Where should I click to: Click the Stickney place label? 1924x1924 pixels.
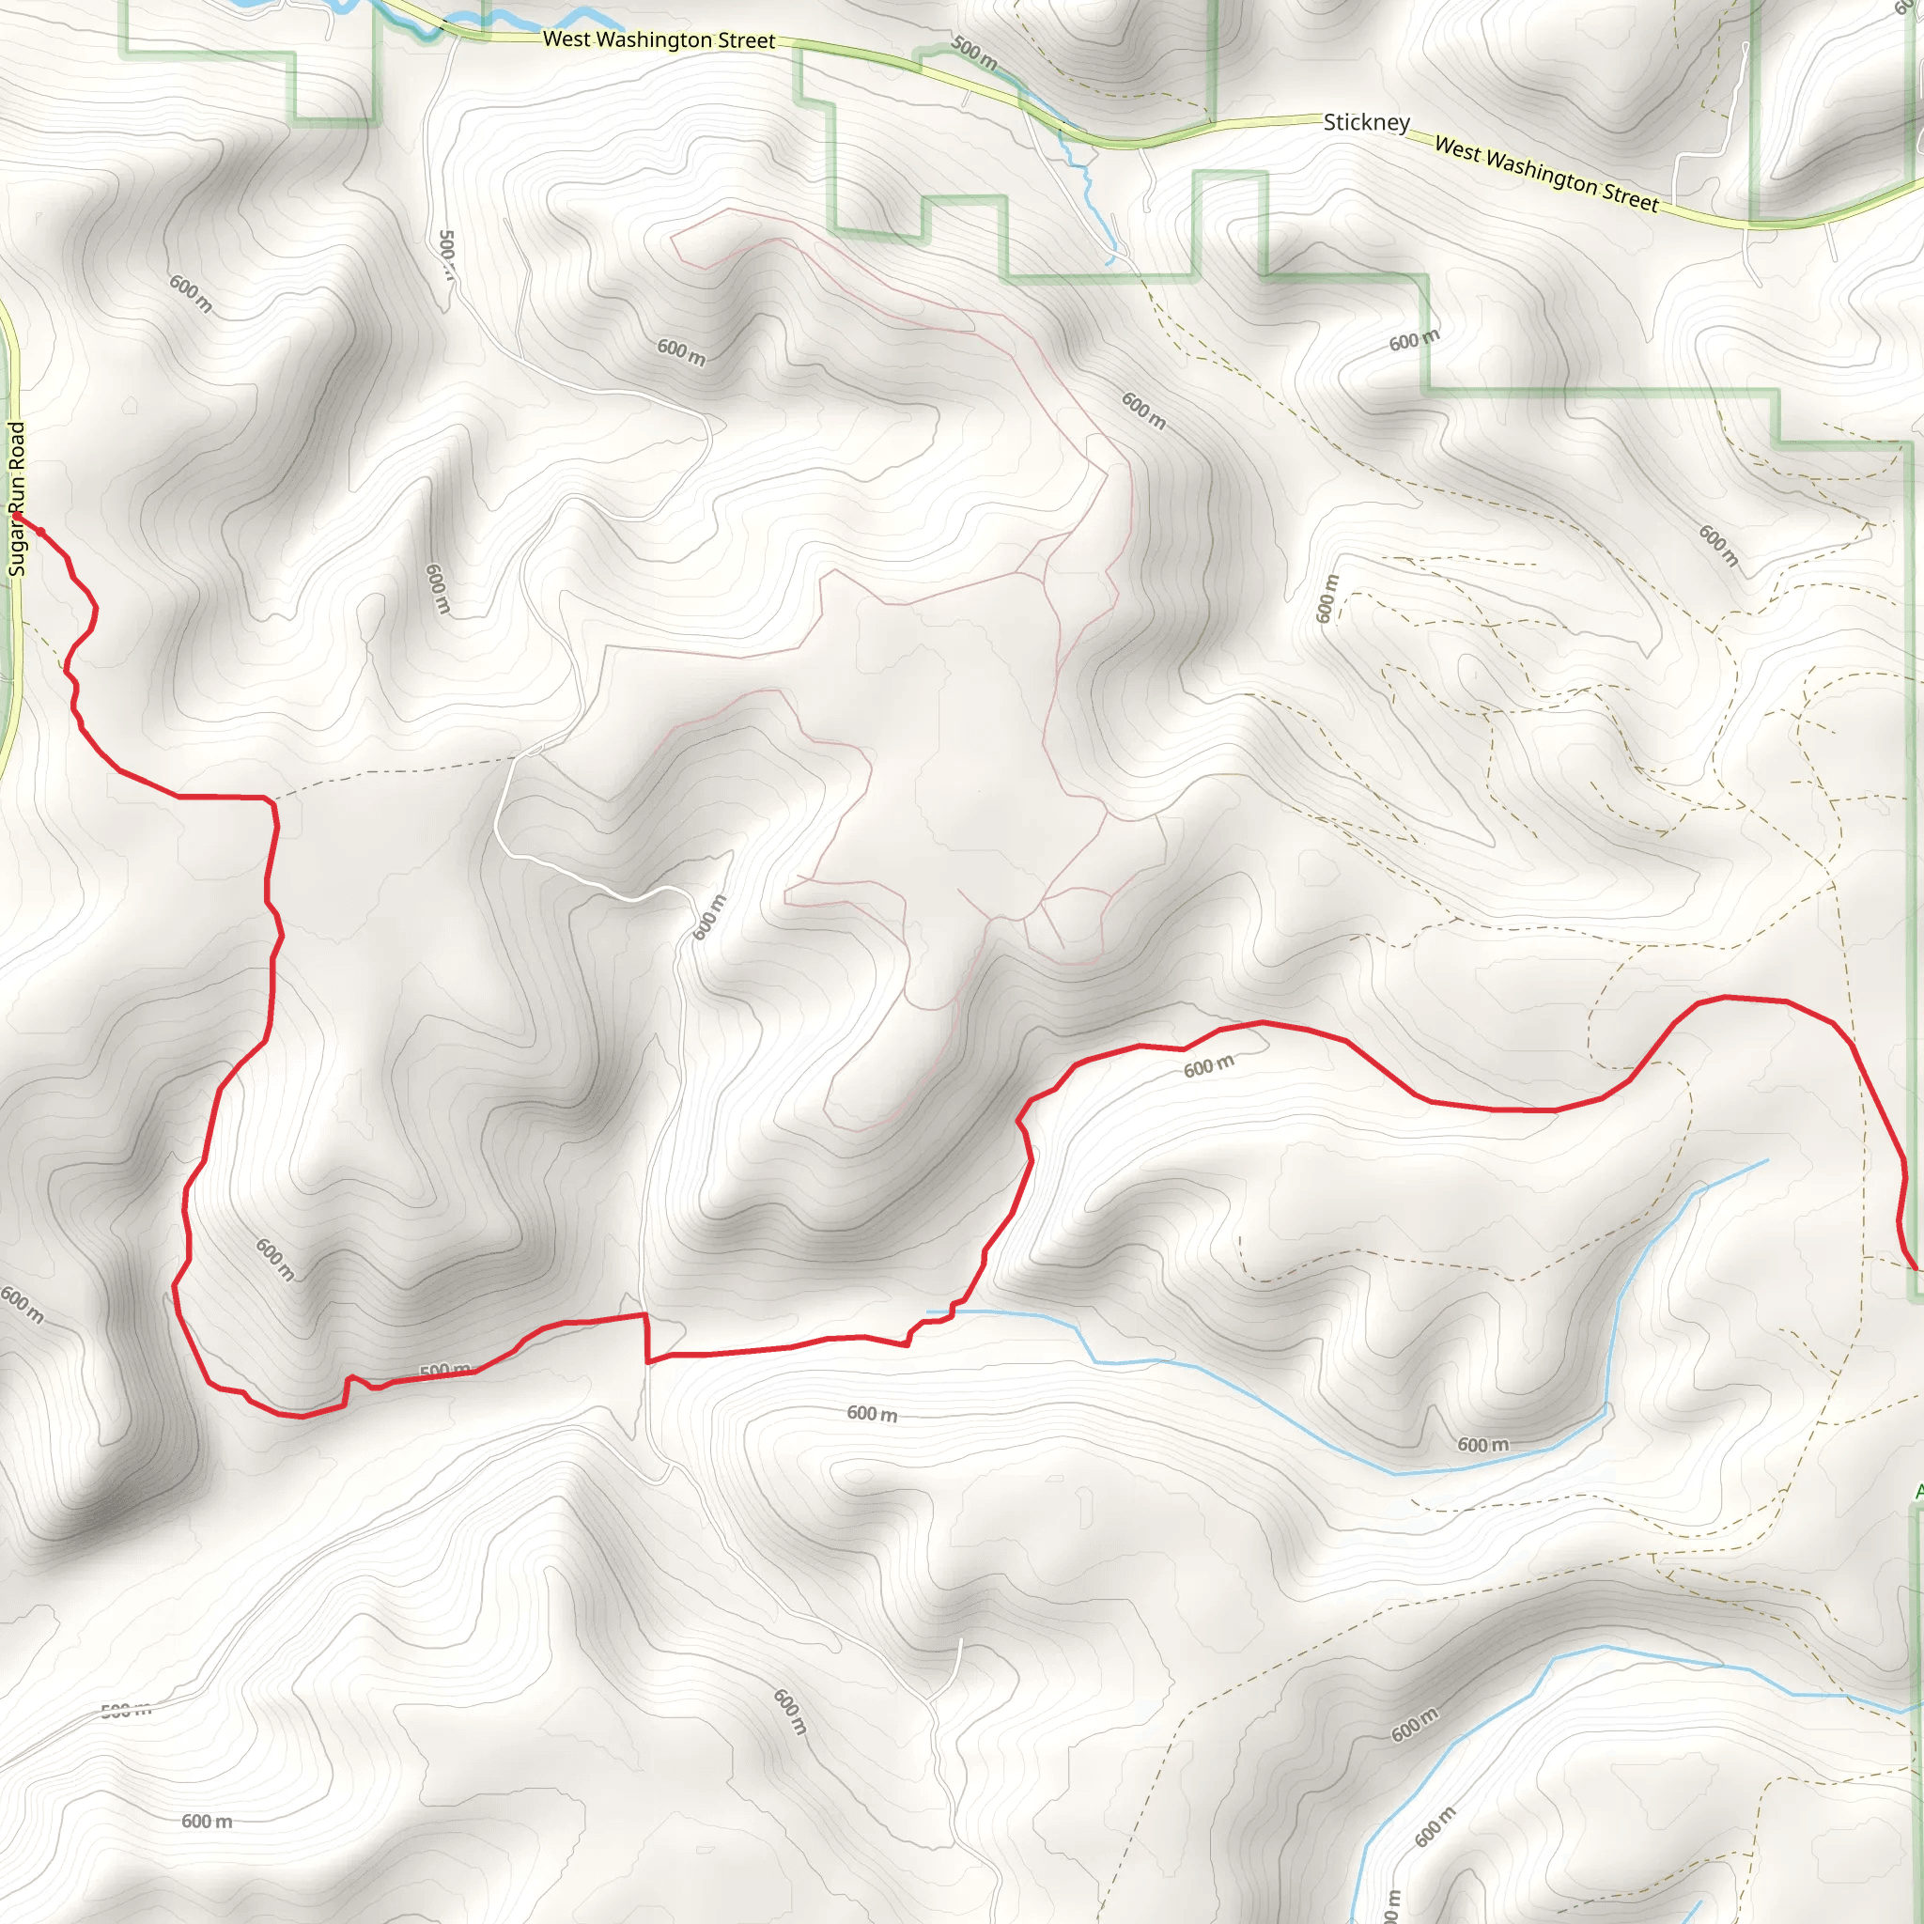(1366, 122)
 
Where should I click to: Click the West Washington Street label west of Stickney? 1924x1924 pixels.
(659, 39)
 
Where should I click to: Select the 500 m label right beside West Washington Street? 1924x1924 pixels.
(973, 52)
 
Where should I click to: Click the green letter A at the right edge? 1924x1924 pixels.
(1918, 1491)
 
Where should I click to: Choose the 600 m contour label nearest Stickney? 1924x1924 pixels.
(1414, 341)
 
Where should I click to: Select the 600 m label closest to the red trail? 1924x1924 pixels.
(1208, 1066)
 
